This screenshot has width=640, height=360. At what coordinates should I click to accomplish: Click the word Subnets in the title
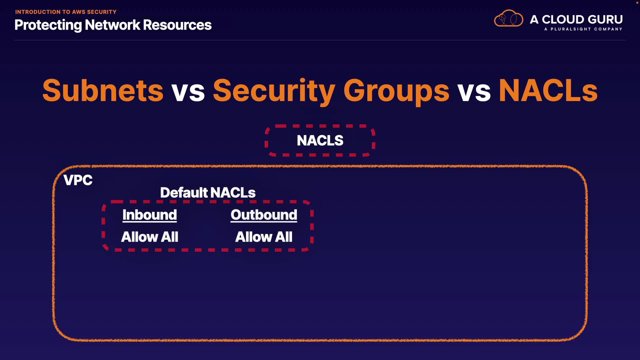coord(103,90)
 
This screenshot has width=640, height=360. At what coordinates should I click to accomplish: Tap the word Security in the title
coord(274,92)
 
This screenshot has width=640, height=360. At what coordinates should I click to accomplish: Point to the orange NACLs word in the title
coord(548,90)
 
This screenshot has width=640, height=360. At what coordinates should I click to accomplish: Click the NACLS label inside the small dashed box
coord(320,140)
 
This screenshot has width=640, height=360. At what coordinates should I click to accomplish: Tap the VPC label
coord(78,180)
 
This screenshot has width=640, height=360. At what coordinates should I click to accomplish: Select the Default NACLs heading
coord(208,193)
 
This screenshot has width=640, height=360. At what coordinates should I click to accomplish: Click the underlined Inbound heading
coord(150,215)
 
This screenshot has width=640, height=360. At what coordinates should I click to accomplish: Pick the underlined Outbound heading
coord(264,215)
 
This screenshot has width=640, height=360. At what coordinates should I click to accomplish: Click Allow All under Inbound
coord(150,237)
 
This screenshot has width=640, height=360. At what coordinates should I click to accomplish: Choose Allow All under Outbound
coord(264,237)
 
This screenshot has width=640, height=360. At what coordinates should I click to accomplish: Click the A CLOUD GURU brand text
coord(576,19)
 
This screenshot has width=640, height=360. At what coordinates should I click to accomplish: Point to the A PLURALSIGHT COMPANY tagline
coord(583,29)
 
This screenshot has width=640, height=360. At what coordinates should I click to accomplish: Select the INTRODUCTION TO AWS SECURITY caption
coord(66,12)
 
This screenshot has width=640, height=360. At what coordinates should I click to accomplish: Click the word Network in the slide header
coord(112,25)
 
